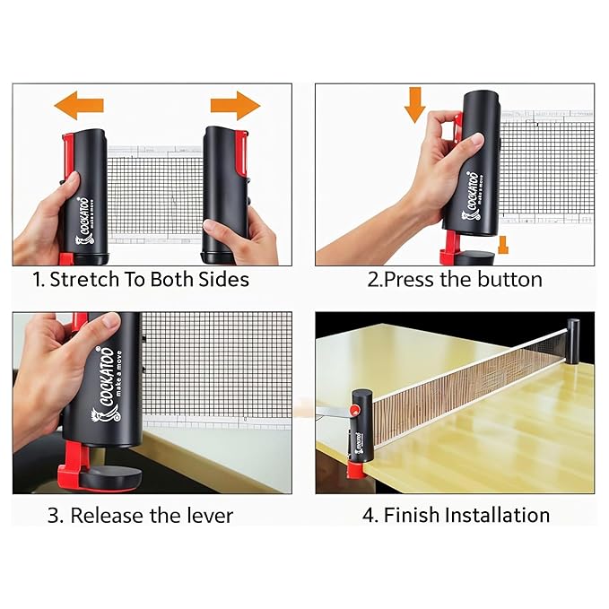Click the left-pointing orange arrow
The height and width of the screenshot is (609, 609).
tap(78, 105)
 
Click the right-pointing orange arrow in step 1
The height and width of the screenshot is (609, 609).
tap(235, 106)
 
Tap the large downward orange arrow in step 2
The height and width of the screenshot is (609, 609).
tap(414, 104)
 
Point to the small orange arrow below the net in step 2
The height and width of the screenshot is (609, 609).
tap(503, 245)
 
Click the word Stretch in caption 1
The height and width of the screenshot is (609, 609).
tap(84, 279)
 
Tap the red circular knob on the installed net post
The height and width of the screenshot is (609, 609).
tap(354, 410)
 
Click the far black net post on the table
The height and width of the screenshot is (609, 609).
tap(573, 342)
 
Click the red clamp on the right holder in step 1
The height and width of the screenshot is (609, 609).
tap(241, 152)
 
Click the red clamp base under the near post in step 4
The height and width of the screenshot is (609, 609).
tap(356, 470)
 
